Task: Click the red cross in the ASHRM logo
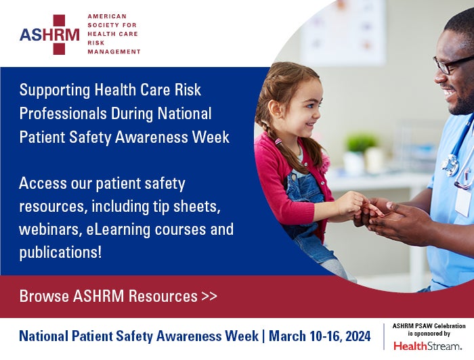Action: click(x=66, y=35)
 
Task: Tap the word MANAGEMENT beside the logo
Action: click(x=114, y=51)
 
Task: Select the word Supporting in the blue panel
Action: click(x=53, y=90)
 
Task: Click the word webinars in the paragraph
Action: click(x=50, y=229)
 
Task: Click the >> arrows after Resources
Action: click(x=209, y=296)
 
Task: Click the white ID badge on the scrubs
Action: click(x=463, y=201)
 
